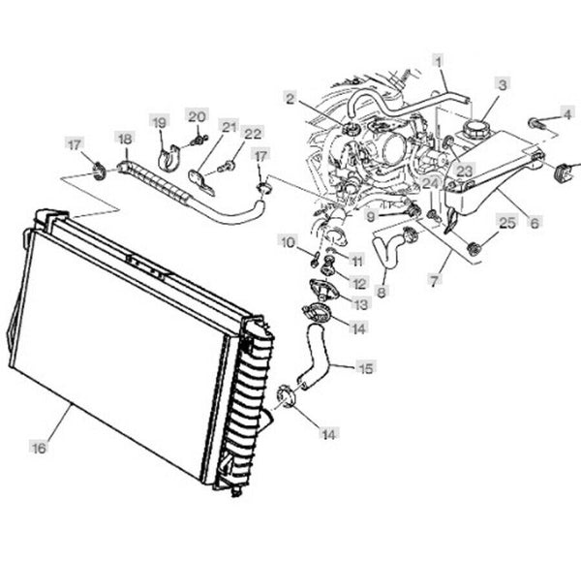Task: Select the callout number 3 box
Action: click(x=502, y=84)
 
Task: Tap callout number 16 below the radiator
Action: click(x=39, y=448)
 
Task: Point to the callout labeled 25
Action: click(x=506, y=222)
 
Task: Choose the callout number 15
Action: click(x=365, y=367)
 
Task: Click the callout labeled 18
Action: click(x=124, y=139)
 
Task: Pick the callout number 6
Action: click(x=535, y=221)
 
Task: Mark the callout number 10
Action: click(x=287, y=239)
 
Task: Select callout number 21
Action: click(x=229, y=126)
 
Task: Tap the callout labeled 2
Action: click(x=290, y=97)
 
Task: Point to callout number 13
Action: click(x=361, y=304)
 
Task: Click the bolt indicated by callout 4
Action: click(x=535, y=123)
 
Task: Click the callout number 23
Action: click(x=465, y=171)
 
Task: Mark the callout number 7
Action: click(x=434, y=280)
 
